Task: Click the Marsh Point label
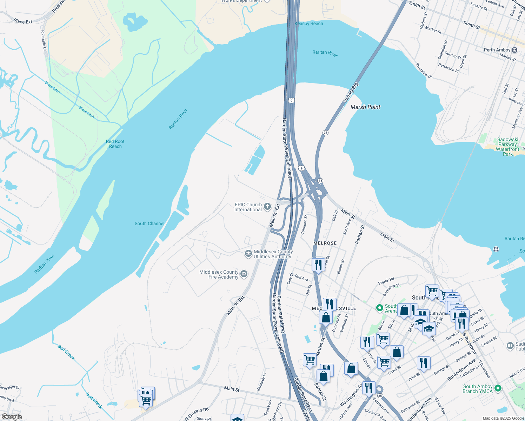(x=365, y=107)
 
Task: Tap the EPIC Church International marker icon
(x=267, y=207)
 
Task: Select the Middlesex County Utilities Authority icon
(x=248, y=254)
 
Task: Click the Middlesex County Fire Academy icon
(x=244, y=274)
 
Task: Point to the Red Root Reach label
(x=115, y=144)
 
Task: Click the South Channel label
(x=149, y=223)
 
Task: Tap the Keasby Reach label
(x=309, y=24)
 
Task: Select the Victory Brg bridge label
(x=351, y=92)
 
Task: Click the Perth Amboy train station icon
(x=514, y=50)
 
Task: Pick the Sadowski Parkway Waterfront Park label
(x=507, y=147)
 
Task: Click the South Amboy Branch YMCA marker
(x=498, y=388)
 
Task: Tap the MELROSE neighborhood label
(x=325, y=243)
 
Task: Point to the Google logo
(x=12, y=417)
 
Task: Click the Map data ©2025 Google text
(x=503, y=418)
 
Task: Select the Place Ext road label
(x=23, y=21)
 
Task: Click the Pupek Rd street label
(x=386, y=281)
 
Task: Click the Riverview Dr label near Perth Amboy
(x=424, y=71)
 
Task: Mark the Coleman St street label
(x=304, y=225)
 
